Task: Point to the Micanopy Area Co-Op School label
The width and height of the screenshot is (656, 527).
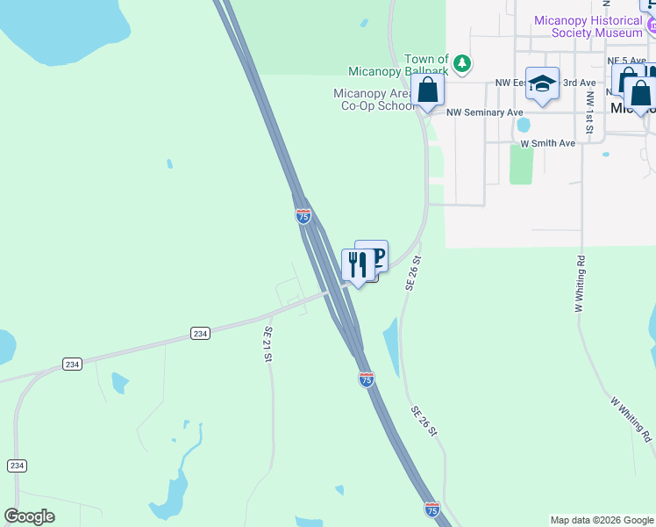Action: pyautogui.click(x=373, y=99)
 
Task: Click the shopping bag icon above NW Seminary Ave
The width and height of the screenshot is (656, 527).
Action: pyautogui.click(x=427, y=90)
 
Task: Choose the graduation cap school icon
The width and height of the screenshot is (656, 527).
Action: pyautogui.click(x=542, y=83)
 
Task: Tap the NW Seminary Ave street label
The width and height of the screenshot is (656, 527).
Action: pyautogui.click(x=484, y=112)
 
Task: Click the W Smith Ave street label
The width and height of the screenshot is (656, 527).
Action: pyautogui.click(x=547, y=142)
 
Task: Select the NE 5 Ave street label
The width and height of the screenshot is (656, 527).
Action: pyautogui.click(x=626, y=61)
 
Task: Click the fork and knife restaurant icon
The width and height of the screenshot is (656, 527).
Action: pyautogui.click(x=358, y=264)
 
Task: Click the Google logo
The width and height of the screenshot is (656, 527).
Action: pyautogui.click(x=29, y=516)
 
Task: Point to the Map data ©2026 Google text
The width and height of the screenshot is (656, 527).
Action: pyautogui.click(x=601, y=520)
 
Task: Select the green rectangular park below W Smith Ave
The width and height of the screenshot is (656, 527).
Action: pyautogui.click(x=521, y=164)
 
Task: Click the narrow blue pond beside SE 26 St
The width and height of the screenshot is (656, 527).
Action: pyautogui.click(x=391, y=348)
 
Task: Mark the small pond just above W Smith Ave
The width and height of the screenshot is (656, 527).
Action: pyautogui.click(x=523, y=125)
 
